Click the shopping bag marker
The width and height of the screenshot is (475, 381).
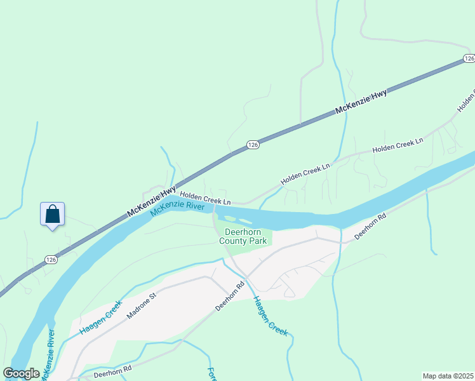click(52, 214)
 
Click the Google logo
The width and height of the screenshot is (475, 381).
click(22, 373)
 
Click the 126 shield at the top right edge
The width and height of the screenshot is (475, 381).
click(469, 58)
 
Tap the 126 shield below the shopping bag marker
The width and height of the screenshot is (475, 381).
click(51, 259)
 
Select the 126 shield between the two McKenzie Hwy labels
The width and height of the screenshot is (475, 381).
click(253, 145)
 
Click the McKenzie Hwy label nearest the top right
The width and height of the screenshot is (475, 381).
click(361, 102)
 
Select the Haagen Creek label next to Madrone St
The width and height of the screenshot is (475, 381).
click(100, 317)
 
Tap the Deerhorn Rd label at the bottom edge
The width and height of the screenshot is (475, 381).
click(112, 371)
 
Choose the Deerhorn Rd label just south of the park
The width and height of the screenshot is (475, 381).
click(230, 296)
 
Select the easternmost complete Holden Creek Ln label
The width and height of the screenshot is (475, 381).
click(398, 145)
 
